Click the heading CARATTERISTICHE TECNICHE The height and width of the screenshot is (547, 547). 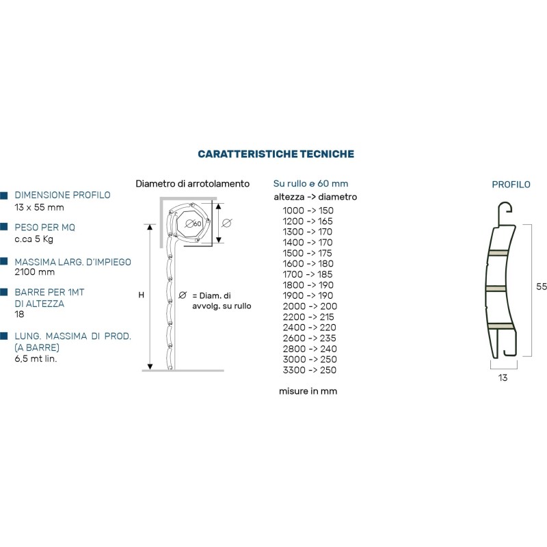(x=276, y=154)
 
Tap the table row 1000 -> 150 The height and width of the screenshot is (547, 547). (x=308, y=211)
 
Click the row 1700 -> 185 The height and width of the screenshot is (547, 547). (x=308, y=274)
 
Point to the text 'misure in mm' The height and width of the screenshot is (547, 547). (x=308, y=391)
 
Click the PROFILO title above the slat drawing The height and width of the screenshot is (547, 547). (x=511, y=185)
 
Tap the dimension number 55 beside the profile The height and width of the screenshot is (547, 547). (x=541, y=288)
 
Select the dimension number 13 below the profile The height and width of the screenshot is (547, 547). (x=503, y=377)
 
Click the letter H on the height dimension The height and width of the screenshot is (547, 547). (x=141, y=295)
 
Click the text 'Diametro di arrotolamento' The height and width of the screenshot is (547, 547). (x=193, y=184)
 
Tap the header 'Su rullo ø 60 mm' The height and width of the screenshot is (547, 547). (x=310, y=183)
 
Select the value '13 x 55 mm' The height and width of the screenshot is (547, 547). (x=39, y=207)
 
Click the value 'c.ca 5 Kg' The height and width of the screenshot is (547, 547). (x=35, y=239)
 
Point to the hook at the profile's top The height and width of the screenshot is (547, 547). (x=505, y=209)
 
